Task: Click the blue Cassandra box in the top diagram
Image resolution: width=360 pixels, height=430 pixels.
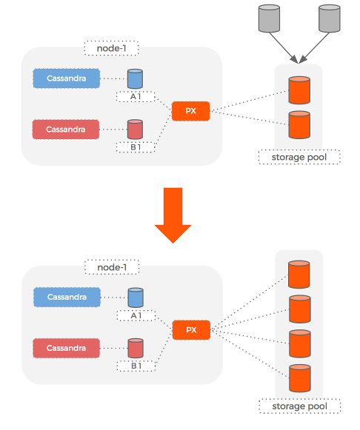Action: (x=66, y=78)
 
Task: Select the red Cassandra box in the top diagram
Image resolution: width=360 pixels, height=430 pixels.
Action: (x=66, y=130)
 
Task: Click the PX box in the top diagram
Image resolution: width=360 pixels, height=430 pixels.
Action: (x=190, y=112)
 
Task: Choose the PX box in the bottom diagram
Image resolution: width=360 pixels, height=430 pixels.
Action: (x=191, y=330)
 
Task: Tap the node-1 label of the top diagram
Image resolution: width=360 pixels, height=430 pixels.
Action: (x=111, y=49)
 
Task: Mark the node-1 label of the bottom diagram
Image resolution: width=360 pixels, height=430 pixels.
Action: (x=112, y=266)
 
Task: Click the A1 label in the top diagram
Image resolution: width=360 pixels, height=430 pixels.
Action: (x=135, y=97)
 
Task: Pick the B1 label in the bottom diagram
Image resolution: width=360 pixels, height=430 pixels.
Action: (x=135, y=365)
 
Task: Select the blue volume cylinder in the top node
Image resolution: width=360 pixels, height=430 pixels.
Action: (x=135, y=79)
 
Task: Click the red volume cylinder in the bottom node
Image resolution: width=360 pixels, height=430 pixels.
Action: (x=135, y=348)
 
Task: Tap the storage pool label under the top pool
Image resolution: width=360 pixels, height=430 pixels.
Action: (x=299, y=157)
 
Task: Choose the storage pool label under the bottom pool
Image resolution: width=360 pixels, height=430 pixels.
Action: (x=299, y=406)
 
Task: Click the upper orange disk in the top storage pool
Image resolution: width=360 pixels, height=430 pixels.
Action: (x=299, y=90)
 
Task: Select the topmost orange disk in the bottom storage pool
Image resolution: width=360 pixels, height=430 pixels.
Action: (x=299, y=274)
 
